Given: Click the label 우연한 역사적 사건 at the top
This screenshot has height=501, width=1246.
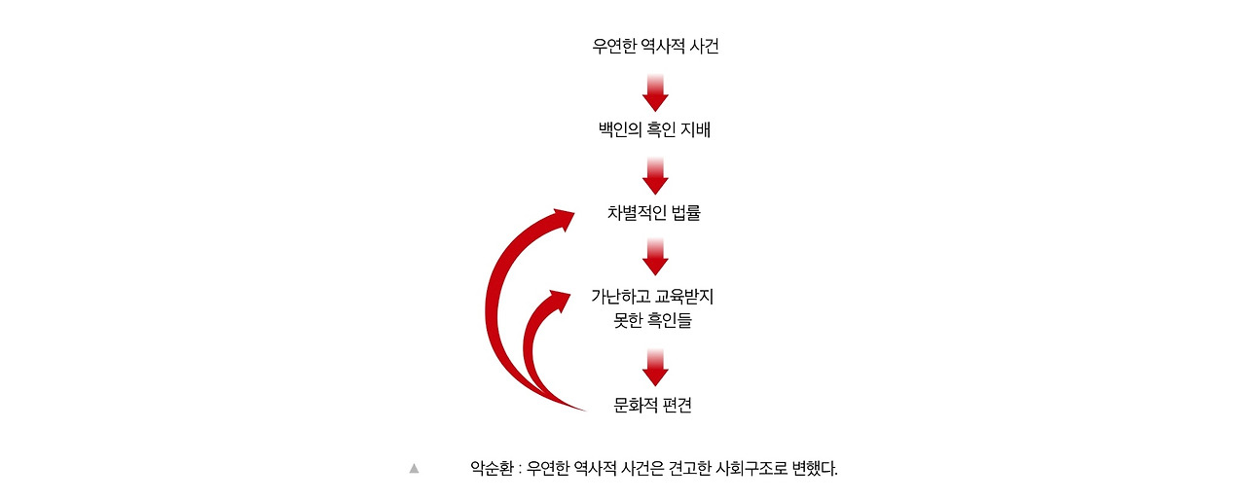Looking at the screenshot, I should click(x=655, y=47).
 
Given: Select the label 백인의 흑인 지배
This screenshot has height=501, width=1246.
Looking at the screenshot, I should click(x=655, y=129).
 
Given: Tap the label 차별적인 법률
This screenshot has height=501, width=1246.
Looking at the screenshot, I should click(x=654, y=213).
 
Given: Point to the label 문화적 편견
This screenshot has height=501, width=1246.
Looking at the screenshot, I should click(x=653, y=406).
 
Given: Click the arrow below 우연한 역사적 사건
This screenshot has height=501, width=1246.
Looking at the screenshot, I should click(x=655, y=90).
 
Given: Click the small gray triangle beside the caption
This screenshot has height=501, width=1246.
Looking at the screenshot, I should click(x=414, y=468).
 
